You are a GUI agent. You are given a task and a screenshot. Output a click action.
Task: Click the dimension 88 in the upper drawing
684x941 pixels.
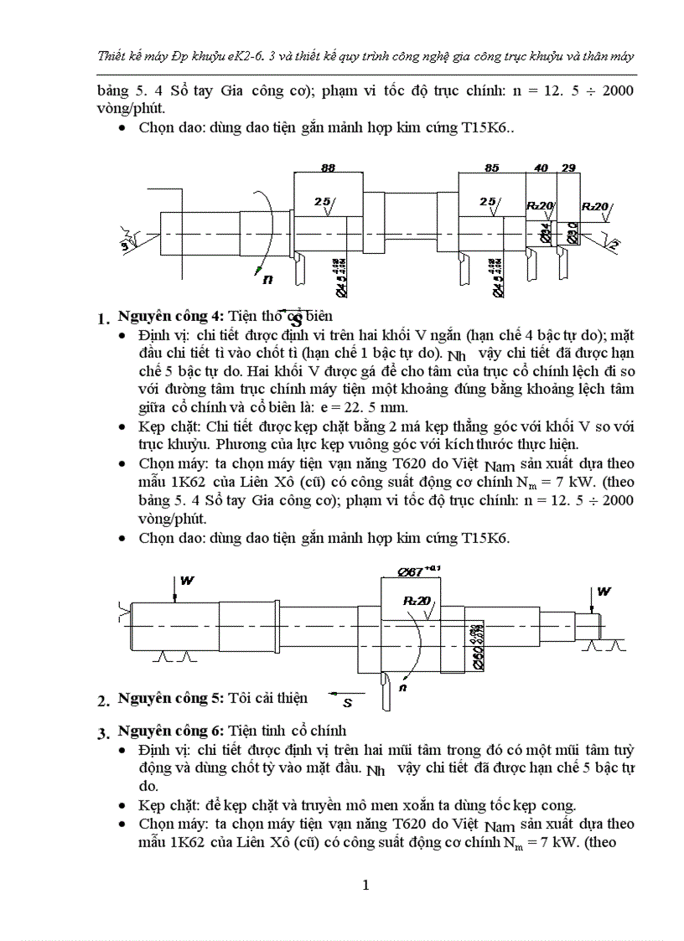(328, 168)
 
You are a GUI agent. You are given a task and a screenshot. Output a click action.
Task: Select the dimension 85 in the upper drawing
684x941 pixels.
(491, 168)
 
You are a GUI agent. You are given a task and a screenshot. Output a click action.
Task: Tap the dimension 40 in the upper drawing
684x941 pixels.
(541, 168)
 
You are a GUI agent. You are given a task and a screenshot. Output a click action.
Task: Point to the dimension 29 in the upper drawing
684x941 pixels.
(569, 168)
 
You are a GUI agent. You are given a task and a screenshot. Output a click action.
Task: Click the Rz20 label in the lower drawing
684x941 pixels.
(417, 601)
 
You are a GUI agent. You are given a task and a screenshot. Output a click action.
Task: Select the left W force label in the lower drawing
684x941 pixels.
(188, 580)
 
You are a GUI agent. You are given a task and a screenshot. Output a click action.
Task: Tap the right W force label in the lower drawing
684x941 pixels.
(604, 592)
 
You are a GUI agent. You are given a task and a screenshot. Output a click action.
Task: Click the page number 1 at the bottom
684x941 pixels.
(365, 885)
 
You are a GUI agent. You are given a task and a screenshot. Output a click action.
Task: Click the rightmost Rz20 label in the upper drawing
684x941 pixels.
(597, 207)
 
